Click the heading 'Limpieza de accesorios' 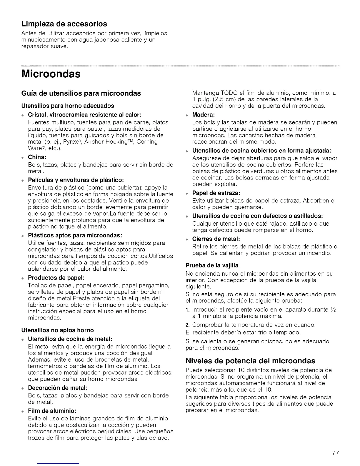pyautogui.click(x=64, y=23)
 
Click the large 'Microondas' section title pyautogui.click(x=51, y=74)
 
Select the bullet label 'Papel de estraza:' pyautogui.click(x=216, y=193)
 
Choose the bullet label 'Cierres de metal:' pyautogui.click(x=216, y=239)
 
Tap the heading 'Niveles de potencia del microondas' pyautogui.click(x=251, y=361)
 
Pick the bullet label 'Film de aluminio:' pyautogui.click(x=52, y=410)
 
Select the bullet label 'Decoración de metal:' pyautogui.click(x=58, y=387)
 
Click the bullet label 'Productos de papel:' pyautogui.click(x=56, y=278)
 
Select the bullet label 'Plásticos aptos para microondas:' pyautogui.click(x=75, y=235)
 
